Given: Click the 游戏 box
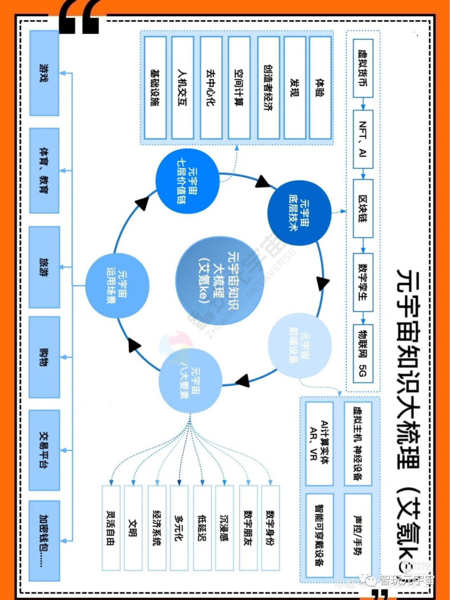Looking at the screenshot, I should pyautogui.click(x=44, y=73).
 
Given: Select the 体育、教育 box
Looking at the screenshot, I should pyautogui.click(x=44, y=171).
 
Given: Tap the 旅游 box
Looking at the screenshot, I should pyautogui.click(x=44, y=267).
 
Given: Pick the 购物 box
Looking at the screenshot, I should pyautogui.click(x=44, y=357).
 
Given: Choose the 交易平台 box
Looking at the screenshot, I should pyautogui.click(x=44, y=450).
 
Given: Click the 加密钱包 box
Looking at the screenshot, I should pyautogui.click(x=44, y=541).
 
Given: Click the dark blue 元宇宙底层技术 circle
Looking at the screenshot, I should pyautogui.click(x=299, y=213).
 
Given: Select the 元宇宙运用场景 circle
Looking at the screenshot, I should pyautogui.click(x=117, y=286).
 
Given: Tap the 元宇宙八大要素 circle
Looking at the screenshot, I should pyautogui.click(x=190, y=381).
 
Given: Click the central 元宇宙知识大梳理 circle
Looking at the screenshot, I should pyautogui.click(x=220, y=280).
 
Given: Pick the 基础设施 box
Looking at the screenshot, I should pyautogui.click(x=155, y=88).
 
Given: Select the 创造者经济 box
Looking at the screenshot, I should pyautogui.click(x=268, y=88).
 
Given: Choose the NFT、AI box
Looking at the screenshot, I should pyautogui.click(x=363, y=139).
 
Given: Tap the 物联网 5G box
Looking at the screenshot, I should pyautogui.click(x=363, y=354).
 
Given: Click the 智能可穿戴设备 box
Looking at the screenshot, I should pyautogui.click(x=319, y=535).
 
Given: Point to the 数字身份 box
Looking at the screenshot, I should pyautogui.click(x=270, y=527).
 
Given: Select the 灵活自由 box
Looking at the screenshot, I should pyautogui.click(x=111, y=527).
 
